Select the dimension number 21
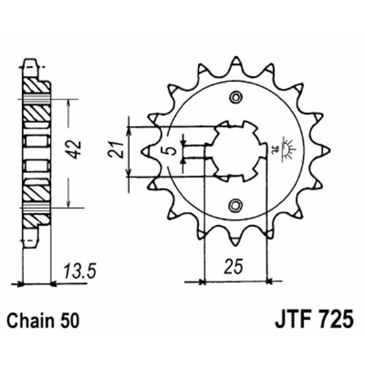pos(116,149)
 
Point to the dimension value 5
pos(172,151)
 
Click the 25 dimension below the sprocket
pos(233,266)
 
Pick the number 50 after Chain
pos(69,321)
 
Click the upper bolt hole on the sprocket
pos(236,97)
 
